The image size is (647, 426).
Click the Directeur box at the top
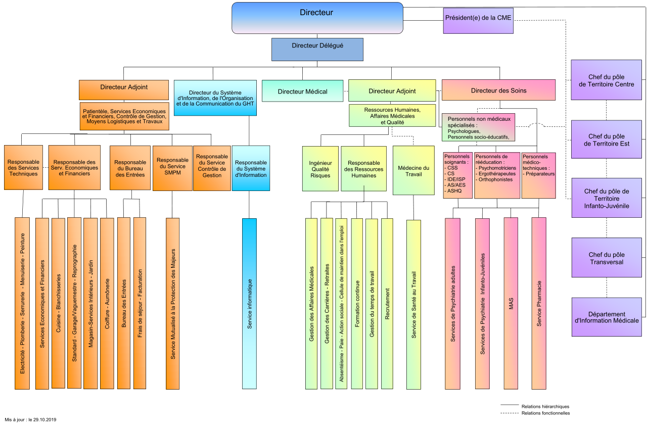[317, 18]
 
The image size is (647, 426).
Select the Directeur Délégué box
[317, 49]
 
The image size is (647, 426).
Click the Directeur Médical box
[303, 91]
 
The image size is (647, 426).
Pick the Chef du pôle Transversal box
[607, 258]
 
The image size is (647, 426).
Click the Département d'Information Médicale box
[607, 317]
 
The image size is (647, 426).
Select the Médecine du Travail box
[413, 171]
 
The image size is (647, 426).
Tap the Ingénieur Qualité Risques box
[320, 169]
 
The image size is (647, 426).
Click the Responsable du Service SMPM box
[172, 168]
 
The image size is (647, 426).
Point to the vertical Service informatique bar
[249, 303]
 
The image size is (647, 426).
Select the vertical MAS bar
[511, 303]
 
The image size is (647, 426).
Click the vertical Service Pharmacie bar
[539, 303]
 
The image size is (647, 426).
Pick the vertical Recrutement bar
[387, 303]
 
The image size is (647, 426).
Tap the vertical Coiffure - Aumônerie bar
[107, 303]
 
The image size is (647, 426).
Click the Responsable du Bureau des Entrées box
[130, 168]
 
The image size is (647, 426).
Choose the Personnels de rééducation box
[497, 175]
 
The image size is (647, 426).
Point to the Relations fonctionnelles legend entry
[545, 413]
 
